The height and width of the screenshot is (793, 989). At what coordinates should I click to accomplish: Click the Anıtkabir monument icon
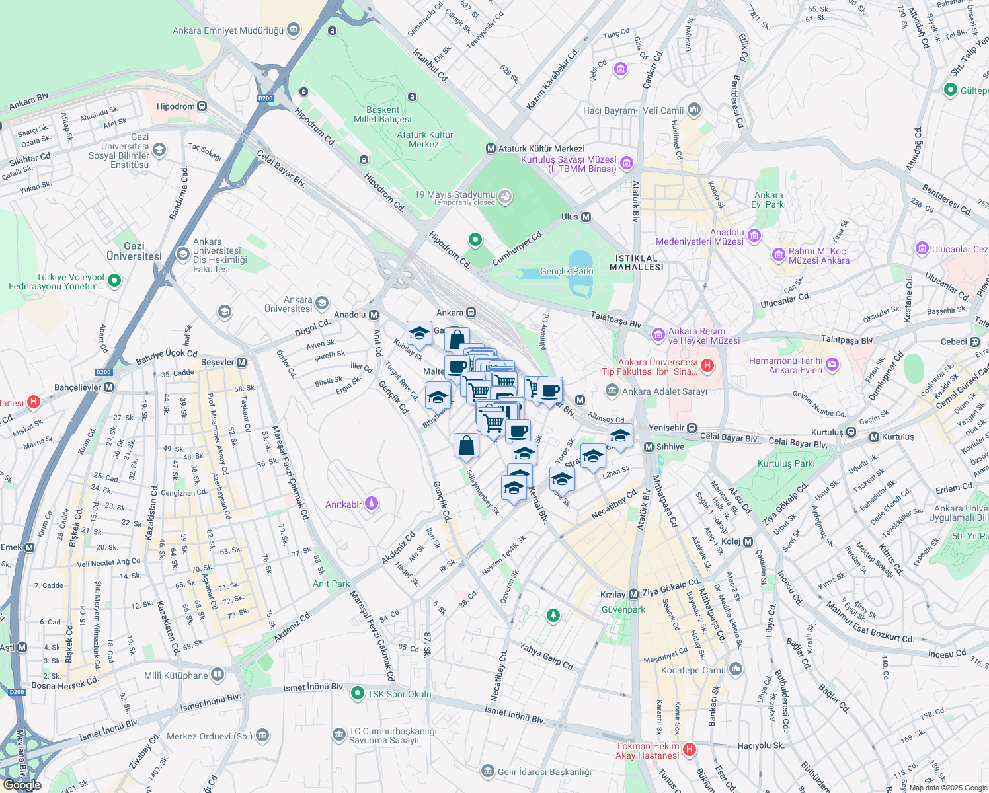[372, 504]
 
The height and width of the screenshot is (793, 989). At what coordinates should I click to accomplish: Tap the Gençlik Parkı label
[567, 271]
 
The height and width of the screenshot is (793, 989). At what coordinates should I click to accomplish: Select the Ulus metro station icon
[586, 217]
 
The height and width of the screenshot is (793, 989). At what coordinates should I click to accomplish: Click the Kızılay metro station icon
[633, 595]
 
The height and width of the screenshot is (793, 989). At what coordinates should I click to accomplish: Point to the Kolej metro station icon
[748, 542]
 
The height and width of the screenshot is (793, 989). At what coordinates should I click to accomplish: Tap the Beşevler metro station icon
[242, 362]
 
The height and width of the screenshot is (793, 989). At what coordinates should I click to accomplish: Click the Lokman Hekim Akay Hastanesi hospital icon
[690, 749]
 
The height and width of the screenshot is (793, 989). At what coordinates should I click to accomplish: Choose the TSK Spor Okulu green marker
[358, 693]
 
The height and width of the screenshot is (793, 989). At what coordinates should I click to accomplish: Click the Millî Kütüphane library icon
[218, 675]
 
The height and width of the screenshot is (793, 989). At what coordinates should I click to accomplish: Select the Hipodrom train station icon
[202, 106]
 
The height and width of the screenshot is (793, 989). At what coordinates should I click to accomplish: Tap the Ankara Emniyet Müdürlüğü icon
[294, 30]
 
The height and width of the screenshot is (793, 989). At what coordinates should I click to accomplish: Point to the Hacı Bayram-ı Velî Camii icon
[693, 110]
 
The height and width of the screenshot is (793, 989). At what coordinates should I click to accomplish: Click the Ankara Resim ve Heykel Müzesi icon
[658, 335]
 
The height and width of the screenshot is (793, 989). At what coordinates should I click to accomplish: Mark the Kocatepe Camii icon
[736, 670]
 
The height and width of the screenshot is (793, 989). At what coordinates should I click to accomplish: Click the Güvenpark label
[623, 609]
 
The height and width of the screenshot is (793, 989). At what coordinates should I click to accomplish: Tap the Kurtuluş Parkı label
[786, 463]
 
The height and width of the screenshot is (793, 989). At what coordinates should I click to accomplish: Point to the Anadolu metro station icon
[374, 315]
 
